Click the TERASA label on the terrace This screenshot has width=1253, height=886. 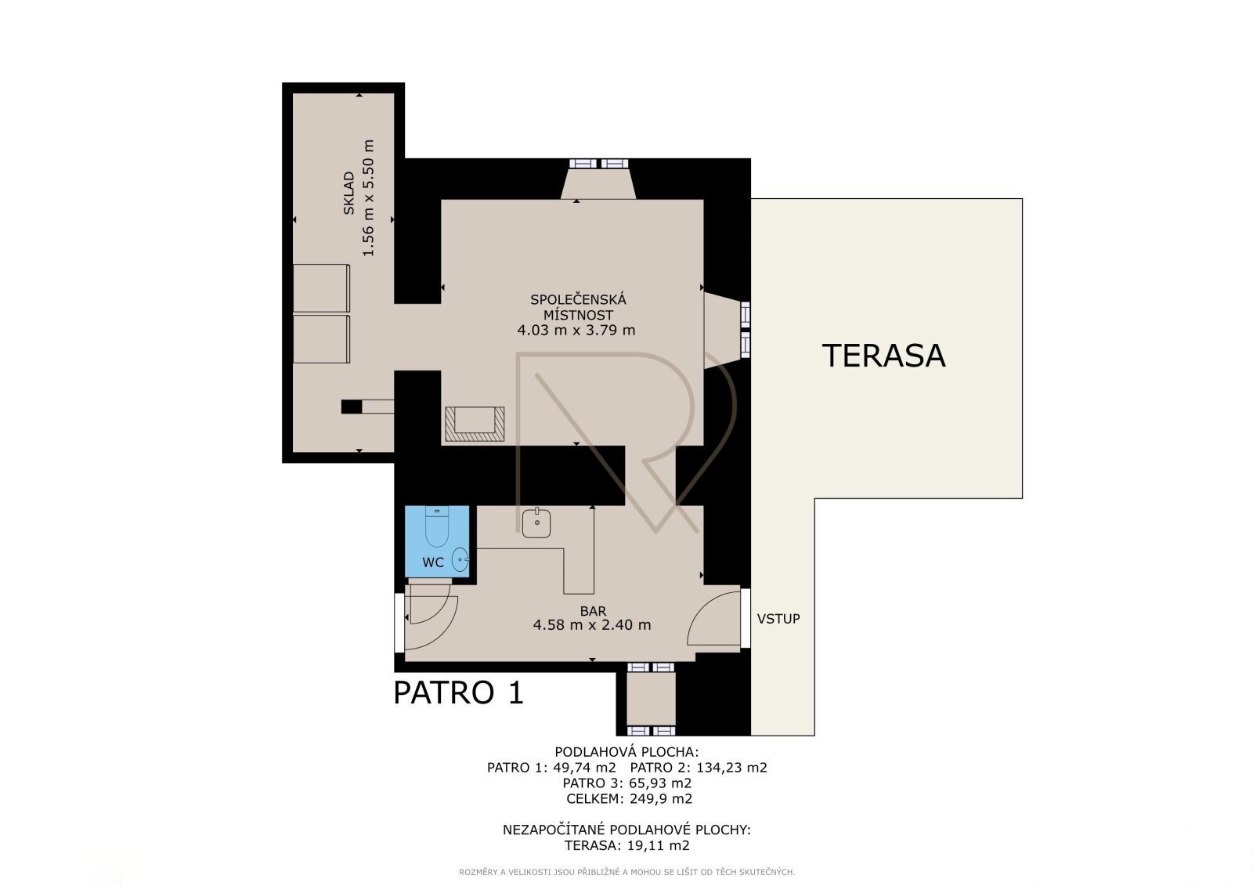click(x=883, y=356)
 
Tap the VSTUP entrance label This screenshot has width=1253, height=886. click(x=778, y=618)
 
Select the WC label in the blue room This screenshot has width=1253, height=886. click(x=433, y=562)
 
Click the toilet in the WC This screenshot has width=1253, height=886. click(x=437, y=526)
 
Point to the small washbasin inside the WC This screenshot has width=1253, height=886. click(x=460, y=559)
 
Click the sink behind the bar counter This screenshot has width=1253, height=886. click(x=536, y=523)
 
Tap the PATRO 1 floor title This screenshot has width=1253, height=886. click(x=459, y=693)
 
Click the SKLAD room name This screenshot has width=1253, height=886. click(x=348, y=193)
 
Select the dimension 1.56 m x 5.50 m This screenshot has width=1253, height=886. click(x=367, y=198)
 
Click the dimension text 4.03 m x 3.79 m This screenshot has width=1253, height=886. click(x=576, y=331)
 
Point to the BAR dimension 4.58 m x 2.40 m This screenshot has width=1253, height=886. click(x=592, y=624)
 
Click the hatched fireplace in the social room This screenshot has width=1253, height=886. click(x=475, y=424)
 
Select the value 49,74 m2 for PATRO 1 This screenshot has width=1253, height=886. click(x=584, y=768)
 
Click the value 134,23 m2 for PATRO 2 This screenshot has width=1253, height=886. click(x=731, y=768)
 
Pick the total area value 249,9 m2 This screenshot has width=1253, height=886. click(x=661, y=799)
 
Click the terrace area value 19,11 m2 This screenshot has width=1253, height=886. click(x=658, y=846)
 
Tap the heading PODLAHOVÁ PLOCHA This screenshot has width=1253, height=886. click(x=626, y=752)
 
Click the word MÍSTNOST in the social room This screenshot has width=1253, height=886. click(x=579, y=315)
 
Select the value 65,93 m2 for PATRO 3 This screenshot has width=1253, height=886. click(x=660, y=783)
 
